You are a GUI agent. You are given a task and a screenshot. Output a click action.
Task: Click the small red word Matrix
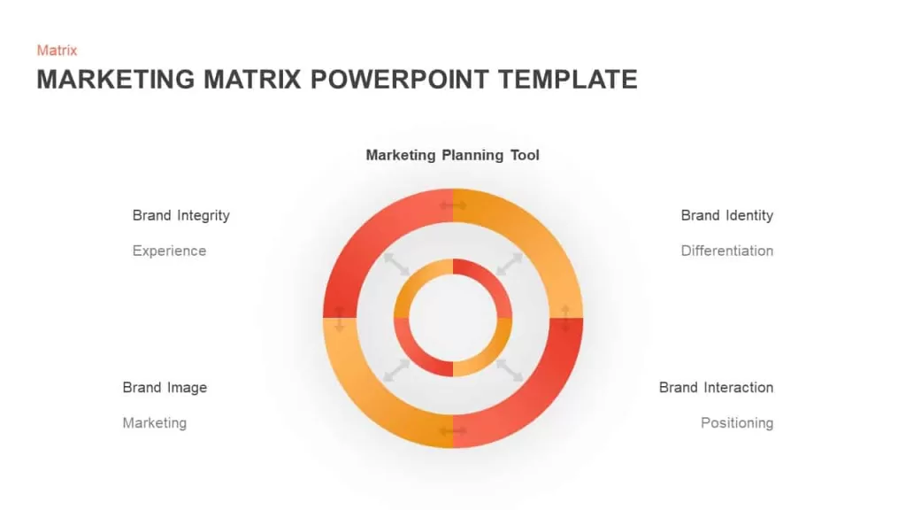pyautogui.click(x=57, y=50)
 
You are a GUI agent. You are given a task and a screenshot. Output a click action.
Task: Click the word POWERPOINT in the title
pyautogui.click(x=400, y=79)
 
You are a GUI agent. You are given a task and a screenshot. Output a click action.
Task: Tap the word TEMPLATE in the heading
pyautogui.click(x=568, y=79)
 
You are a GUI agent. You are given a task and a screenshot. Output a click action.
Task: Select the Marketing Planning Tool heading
pyautogui.click(x=452, y=155)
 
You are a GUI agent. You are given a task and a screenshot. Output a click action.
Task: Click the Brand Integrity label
pyautogui.click(x=180, y=216)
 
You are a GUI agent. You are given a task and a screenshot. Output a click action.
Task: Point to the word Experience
pyautogui.click(x=169, y=251)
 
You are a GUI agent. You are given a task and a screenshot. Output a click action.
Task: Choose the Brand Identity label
pyautogui.click(x=727, y=216)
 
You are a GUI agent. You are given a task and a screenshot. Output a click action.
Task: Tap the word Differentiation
pyautogui.click(x=727, y=251)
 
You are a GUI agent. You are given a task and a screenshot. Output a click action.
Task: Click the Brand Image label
pyautogui.click(x=165, y=388)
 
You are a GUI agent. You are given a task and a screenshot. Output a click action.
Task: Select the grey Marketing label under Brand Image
pyautogui.click(x=154, y=423)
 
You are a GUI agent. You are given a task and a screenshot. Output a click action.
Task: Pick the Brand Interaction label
pyautogui.click(x=716, y=388)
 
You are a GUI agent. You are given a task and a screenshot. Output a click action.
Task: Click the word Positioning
pyautogui.click(x=737, y=423)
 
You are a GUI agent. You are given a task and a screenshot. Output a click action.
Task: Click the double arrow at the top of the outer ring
pyautogui.click(x=453, y=205)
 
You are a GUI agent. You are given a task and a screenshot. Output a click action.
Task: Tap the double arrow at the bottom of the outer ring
pyautogui.click(x=453, y=431)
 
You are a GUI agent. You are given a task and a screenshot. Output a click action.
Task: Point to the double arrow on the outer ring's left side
pyautogui.click(x=340, y=319)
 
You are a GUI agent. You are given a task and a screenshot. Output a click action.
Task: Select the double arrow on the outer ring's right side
pyautogui.click(x=565, y=319)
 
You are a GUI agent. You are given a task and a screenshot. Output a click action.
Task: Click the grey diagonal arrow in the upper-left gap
pyautogui.click(x=397, y=264)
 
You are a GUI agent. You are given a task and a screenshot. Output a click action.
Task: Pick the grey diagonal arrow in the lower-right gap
pyautogui.click(x=510, y=371)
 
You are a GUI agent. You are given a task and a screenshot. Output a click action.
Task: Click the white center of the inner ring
pyautogui.click(x=453, y=318)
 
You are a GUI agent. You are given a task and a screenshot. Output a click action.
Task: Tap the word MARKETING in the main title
pyautogui.click(x=116, y=79)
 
